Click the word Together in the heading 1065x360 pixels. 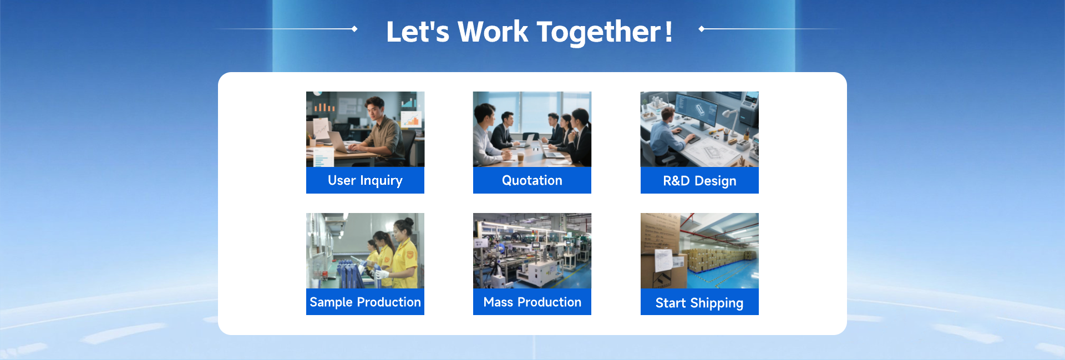tap(599, 32)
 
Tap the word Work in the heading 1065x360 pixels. tap(493, 32)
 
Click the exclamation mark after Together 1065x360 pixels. tap(668, 32)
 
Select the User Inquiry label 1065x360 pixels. tap(365, 181)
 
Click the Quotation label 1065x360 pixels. tap(532, 180)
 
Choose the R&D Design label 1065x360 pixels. tap(699, 181)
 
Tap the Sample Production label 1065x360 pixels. tap(365, 302)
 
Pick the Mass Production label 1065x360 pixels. tap(532, 302)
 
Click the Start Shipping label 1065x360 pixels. tap(699, 303)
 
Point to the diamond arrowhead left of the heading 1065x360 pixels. tap(354, 29)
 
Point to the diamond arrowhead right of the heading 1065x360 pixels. tap(702, 29)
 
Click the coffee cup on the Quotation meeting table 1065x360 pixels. tap(520, 157)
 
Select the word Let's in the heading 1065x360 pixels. tap(418, 32)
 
